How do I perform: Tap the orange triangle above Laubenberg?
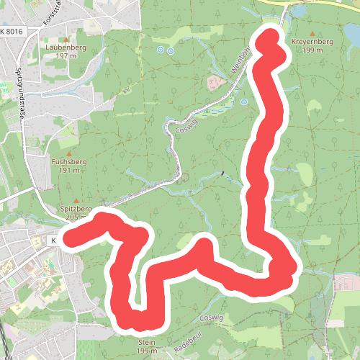coord(66,39)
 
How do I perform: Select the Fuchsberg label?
coord(69,162)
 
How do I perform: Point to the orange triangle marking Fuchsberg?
coord(69,153)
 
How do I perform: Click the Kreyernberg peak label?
coord(312,42)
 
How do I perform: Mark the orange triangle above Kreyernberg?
coord(312,34)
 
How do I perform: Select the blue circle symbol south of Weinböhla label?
coord(243,102)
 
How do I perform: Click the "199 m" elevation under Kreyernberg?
coord(312,51)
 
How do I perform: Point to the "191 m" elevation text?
coord(69,171)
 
